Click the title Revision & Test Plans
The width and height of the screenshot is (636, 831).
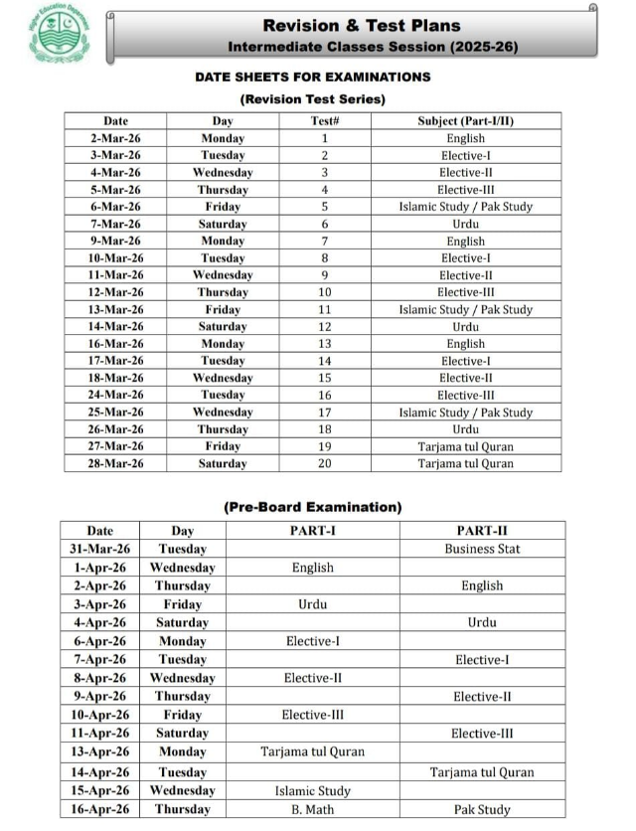click(x=361, y=25)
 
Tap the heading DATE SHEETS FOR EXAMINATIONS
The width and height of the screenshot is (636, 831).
click(x=312, y=77)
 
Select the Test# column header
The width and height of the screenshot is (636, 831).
click(x=325, y=121)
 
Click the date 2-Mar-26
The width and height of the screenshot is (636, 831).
click(x=115, y=138)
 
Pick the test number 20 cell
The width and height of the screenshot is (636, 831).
click(x=324, y=463)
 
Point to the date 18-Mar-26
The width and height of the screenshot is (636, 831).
click(x=115, y=378)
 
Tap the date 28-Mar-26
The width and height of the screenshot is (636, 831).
click(x=115, y=463)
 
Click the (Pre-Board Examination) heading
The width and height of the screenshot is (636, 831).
click(x=312, y=507)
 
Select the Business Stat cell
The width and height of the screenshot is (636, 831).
click(x=482, y=549)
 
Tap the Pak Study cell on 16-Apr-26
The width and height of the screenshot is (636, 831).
click(x=482, y=809)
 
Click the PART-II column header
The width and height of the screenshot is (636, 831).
click(x=482, y=531)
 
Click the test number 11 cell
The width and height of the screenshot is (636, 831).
click(x=324, y=309)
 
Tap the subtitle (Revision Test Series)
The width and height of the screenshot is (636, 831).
click(x=312, y=99)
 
